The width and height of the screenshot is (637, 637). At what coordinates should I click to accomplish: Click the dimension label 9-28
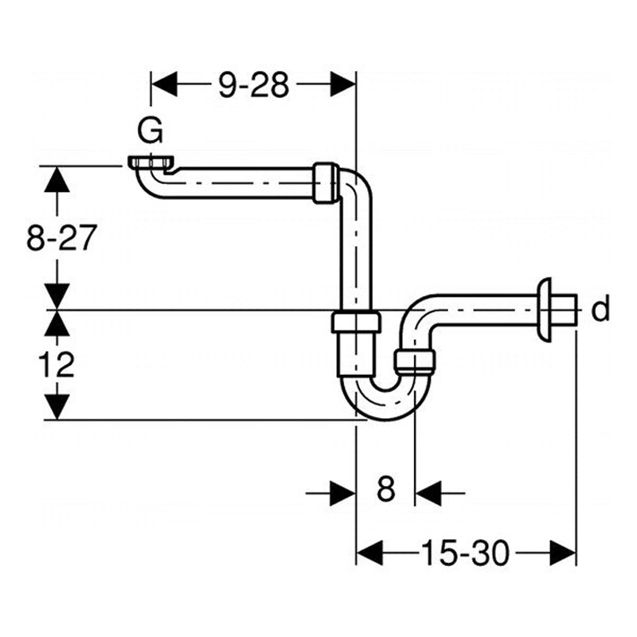coord(254,85)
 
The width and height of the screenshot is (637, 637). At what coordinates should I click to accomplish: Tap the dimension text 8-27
coord(61,237)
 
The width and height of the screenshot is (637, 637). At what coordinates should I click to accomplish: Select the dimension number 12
coord(56,364)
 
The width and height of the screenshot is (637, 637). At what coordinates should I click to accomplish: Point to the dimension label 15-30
coord(465,553)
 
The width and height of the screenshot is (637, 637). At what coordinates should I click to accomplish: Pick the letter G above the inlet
coord(150,131)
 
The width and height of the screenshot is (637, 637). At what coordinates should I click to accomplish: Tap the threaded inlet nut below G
coord(151,162)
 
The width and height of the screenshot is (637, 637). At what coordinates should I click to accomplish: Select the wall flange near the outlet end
coord(544,308)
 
